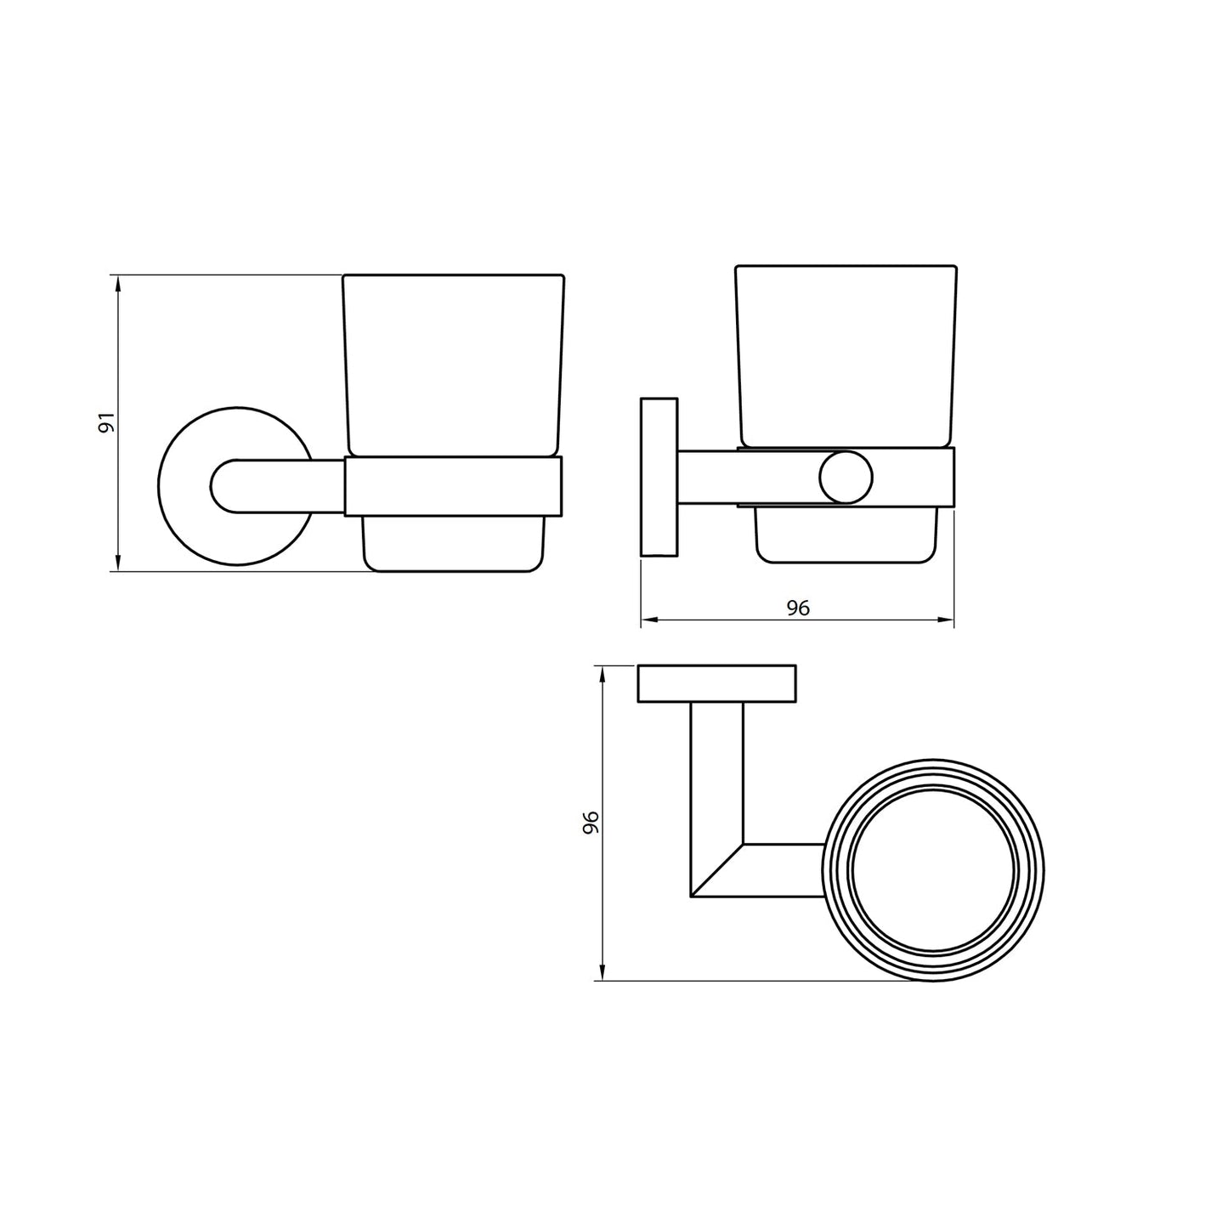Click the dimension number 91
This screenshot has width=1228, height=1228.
click(105, 422)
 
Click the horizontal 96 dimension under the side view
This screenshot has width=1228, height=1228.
click(797, 608)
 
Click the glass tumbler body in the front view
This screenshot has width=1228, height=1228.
click(453, 365)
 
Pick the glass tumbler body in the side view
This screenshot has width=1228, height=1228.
click(846, 357)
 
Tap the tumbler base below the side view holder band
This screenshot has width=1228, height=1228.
click(846, 535)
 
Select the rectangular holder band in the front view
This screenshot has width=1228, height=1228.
click(453, 486)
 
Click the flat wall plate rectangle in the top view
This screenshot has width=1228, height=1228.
click(716, 684)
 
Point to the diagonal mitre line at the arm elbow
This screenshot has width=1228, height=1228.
click(717, 870)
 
